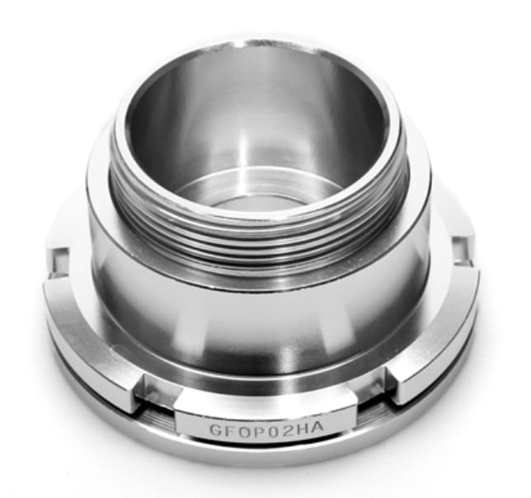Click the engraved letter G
(x=216, y=430)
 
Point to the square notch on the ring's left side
(x=60, y=261)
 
